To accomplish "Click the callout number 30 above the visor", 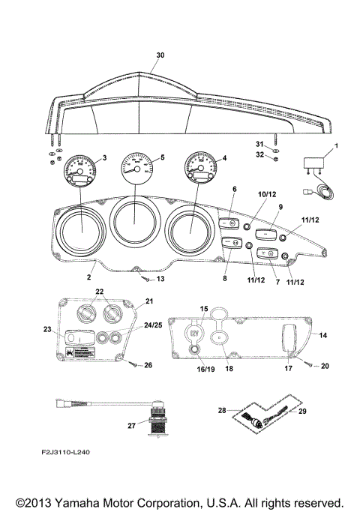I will click(x=159, y=56).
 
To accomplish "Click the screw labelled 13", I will click(x=143, y=278).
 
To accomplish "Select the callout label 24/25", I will click(x=130, y=325).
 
